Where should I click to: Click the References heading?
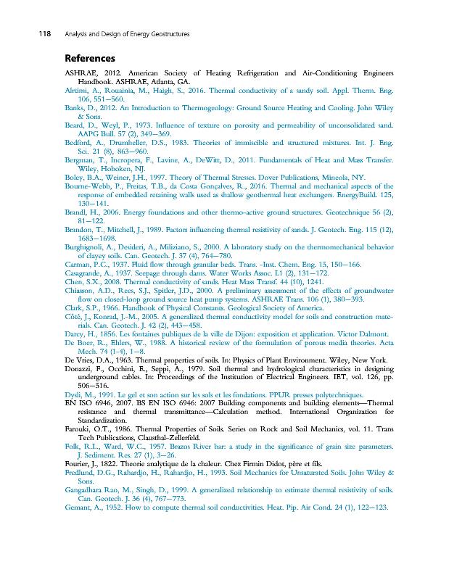tap(90, 58)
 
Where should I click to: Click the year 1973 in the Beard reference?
tap(127, 125)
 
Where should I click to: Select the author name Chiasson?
tap(83, 291)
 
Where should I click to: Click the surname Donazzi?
tap(83, 370)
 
